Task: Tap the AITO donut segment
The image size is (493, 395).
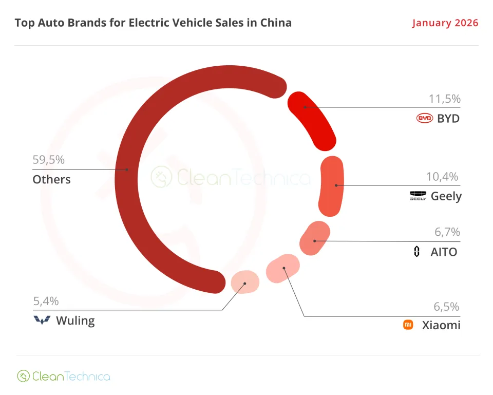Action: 314,237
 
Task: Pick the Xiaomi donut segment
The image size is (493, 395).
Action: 283,268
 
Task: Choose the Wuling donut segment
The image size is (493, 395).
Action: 244,281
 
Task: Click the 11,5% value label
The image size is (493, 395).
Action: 444,99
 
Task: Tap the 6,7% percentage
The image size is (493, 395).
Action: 447,232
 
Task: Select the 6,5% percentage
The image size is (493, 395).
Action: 447,307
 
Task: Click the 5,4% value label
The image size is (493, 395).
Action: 46,301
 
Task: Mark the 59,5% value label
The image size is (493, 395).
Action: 48,160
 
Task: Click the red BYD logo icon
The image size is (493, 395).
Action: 425,119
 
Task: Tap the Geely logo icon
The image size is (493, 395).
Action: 418,196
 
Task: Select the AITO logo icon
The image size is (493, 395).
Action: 417,252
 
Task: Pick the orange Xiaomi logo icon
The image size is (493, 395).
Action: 408,325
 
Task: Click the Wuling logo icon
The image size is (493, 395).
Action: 42,321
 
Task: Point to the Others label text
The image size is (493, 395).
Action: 51,179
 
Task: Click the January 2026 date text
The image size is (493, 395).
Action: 445,23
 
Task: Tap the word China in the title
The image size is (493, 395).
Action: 275,23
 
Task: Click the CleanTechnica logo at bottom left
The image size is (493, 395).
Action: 64,376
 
